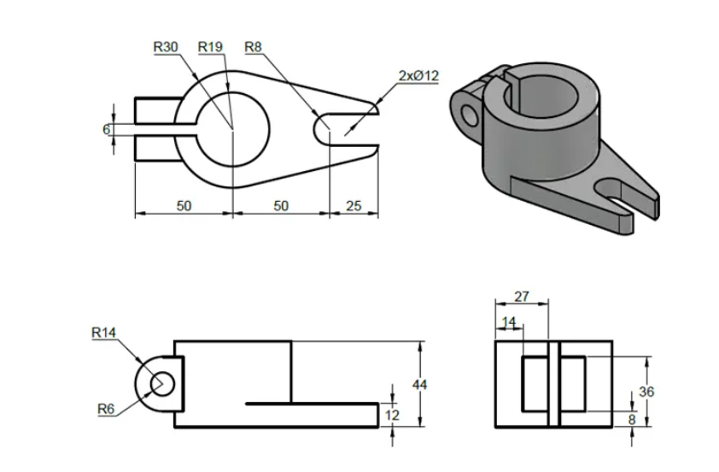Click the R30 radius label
[166, 48]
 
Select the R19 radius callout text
[210, 48]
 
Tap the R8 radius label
[254, 48]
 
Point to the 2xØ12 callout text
[418, 76]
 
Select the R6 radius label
[104, 409]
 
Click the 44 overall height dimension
[419, 385]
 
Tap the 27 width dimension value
[521, 297]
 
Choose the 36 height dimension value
[647, 392]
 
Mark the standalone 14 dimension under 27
[509, 322]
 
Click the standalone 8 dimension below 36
[631, 419]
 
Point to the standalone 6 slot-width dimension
[106, 129]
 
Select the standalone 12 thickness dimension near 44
[393, 415]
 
